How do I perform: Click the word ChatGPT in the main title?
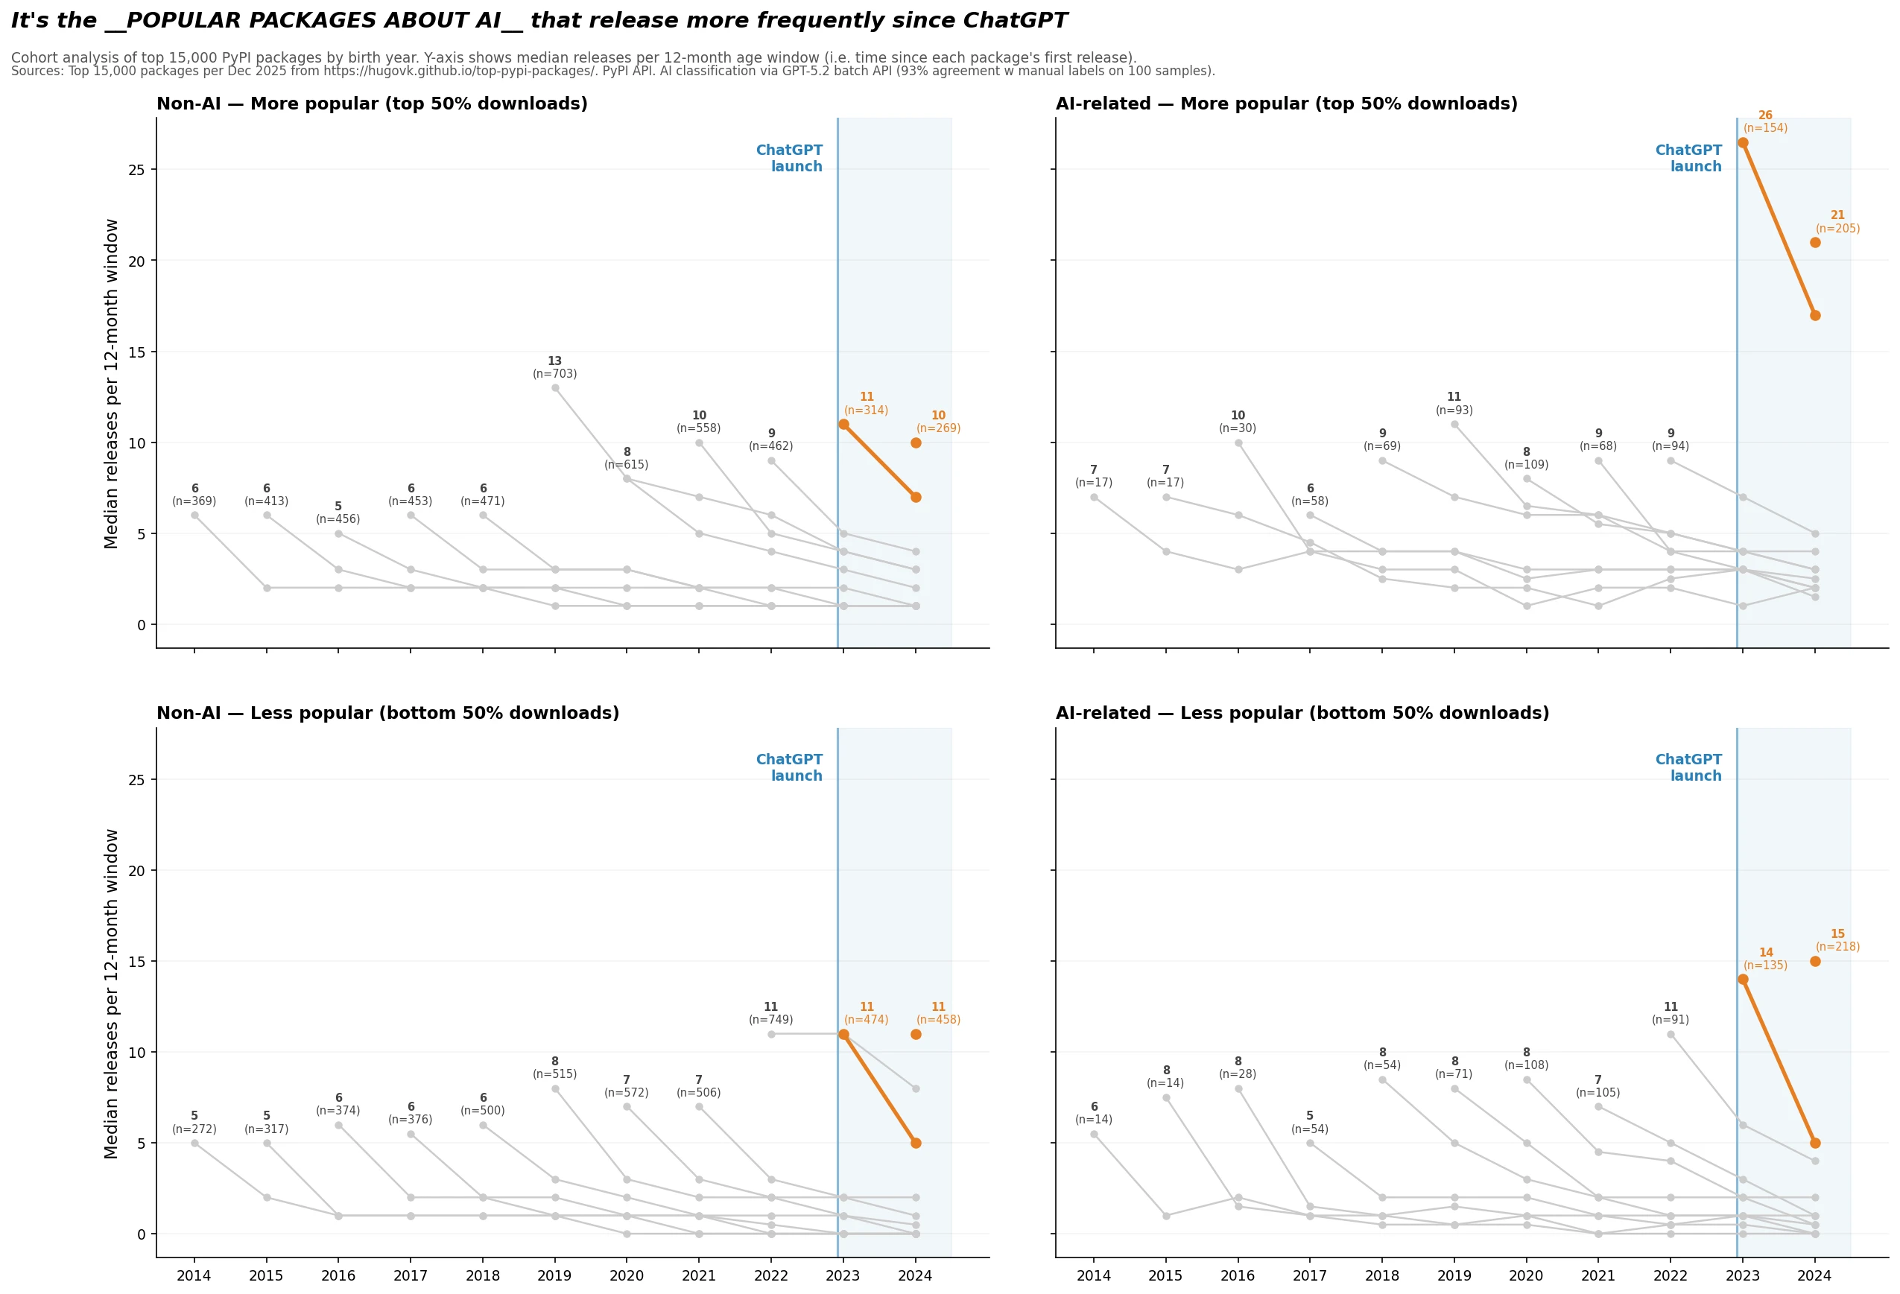pos(1015,20)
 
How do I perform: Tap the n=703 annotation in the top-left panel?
pos(554,375)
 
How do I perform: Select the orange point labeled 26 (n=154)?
pos(1742,143)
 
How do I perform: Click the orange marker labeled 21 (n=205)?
pos(1815,243)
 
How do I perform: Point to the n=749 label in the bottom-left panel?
pos(770,1020)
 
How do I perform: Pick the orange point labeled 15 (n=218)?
pos(1815,961)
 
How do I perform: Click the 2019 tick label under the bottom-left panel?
pos(554,1276)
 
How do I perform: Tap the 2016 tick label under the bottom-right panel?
pos(1238,1276)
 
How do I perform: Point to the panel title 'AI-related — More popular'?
pos(1286,104)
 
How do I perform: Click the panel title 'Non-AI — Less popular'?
pos(387,714)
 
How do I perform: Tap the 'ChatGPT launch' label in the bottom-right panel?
pos(1688,767)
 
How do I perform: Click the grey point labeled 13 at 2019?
pos(555,388)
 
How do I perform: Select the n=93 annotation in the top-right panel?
pos(1454,410)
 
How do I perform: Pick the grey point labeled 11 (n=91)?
pos(1671,1035)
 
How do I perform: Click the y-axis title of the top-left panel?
pos(111,384)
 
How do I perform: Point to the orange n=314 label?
pos(866,410)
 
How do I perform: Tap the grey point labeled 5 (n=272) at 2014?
pos(194,1143)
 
